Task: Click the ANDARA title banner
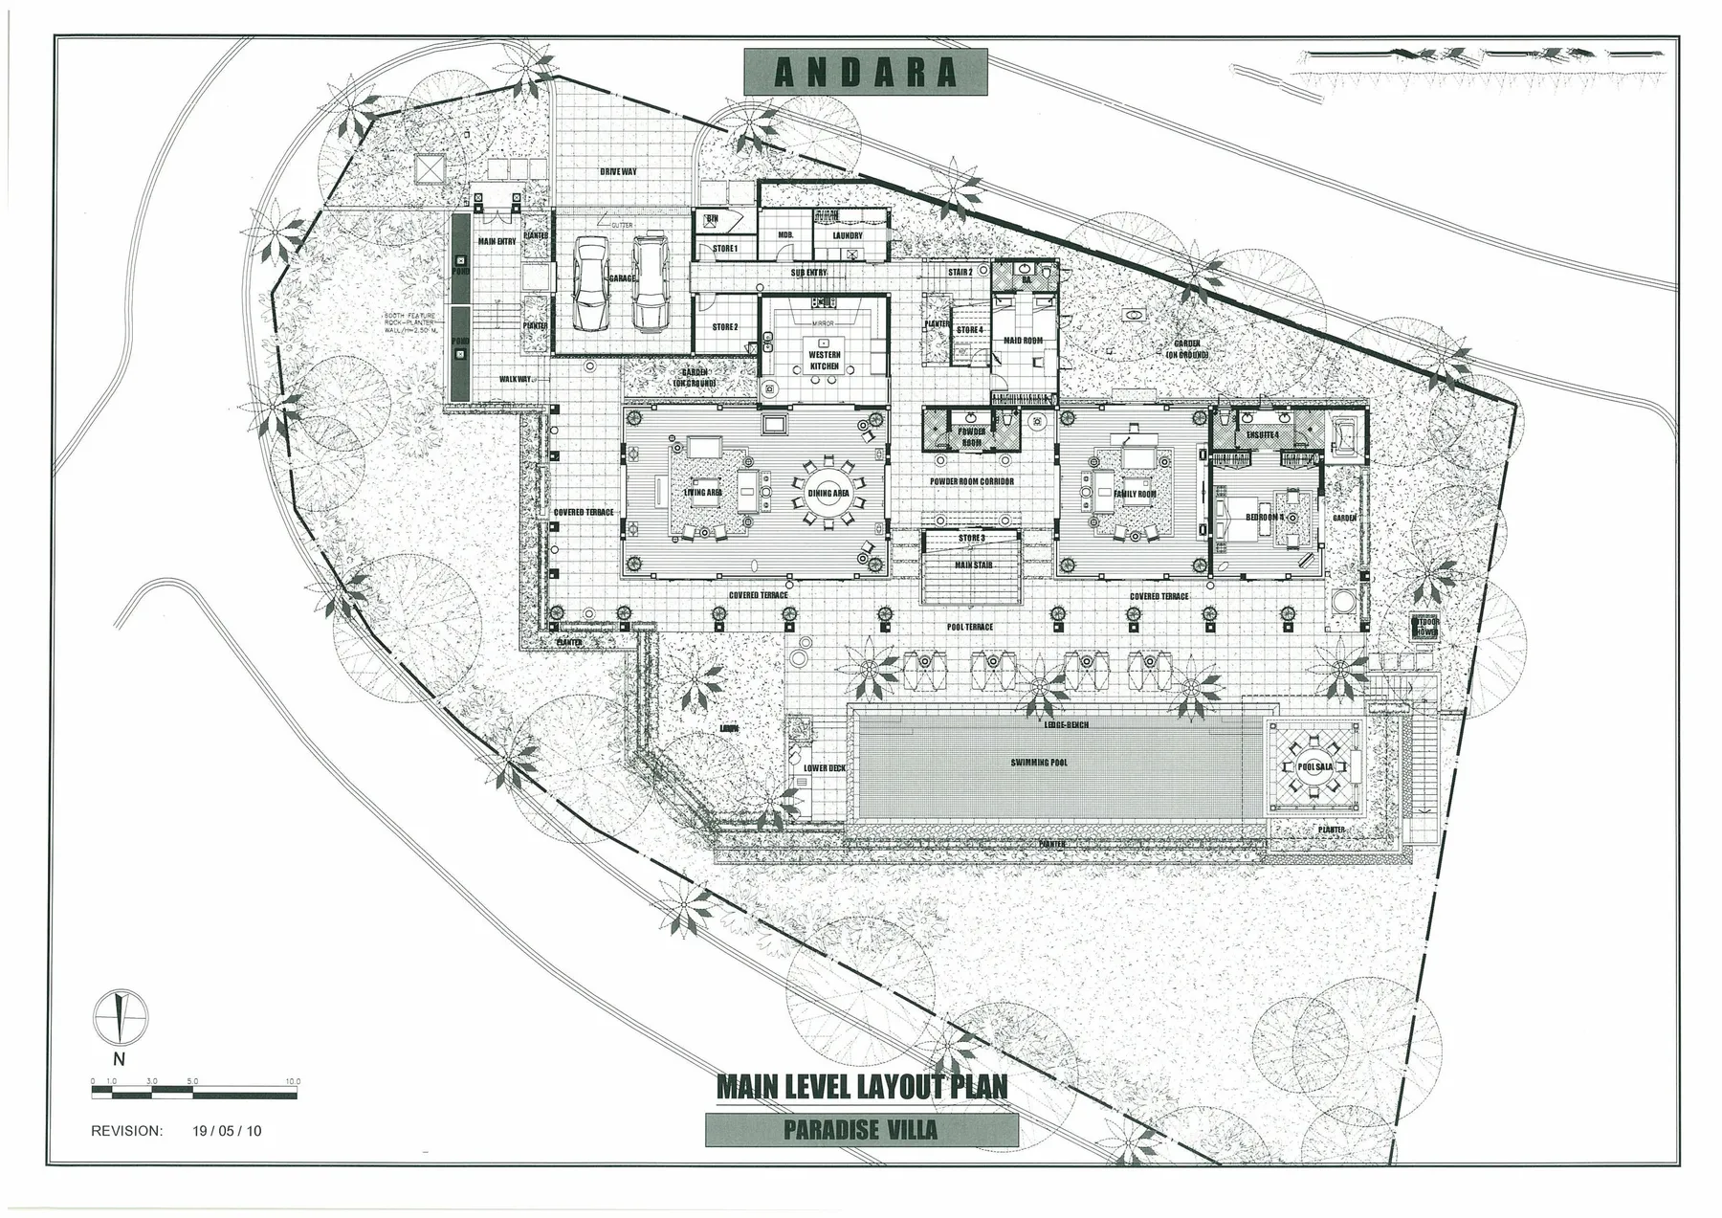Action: [x=864, y=74]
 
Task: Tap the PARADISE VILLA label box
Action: [x=861, y=1130]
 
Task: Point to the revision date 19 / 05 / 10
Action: [x=227, y=1130]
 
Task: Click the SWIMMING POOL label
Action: [x=1039, y=763]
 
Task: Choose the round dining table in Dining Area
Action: [x=828, y=493]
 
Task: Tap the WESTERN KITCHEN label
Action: [x=824, y=361]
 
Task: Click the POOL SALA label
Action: [x=1315, y=767]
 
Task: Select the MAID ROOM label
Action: [x=1023, y=341]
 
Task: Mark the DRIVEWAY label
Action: [x=618, y=172]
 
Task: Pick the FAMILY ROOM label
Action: [x=1135, y=495]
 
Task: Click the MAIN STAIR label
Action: [x=974, y=565]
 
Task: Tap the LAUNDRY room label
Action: [x=848, y=235]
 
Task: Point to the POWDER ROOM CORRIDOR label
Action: [x=972, y=482]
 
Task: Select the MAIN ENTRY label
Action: [x=497, y=242]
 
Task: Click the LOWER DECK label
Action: [x=825, y=768]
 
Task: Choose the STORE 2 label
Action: [x=725, y=327]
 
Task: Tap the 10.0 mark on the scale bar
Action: [x=293, y=1081]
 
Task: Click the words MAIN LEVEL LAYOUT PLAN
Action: [x=861, y=1088]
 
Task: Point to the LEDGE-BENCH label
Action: [x=1066, y=724]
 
